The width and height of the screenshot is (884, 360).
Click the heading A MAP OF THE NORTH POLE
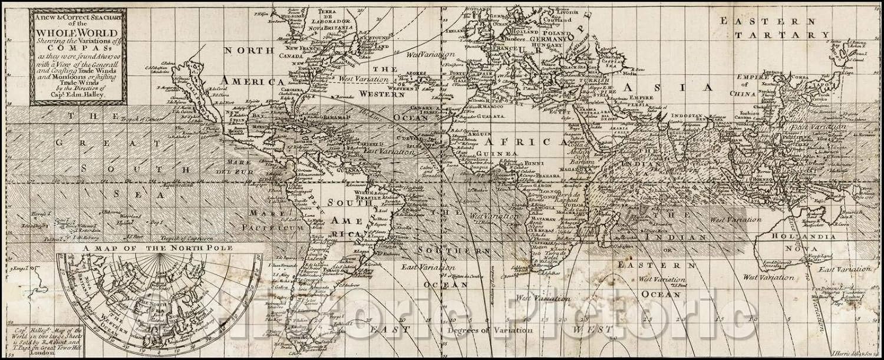[158, 249]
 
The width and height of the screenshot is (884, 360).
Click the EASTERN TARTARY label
[772, 28]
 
